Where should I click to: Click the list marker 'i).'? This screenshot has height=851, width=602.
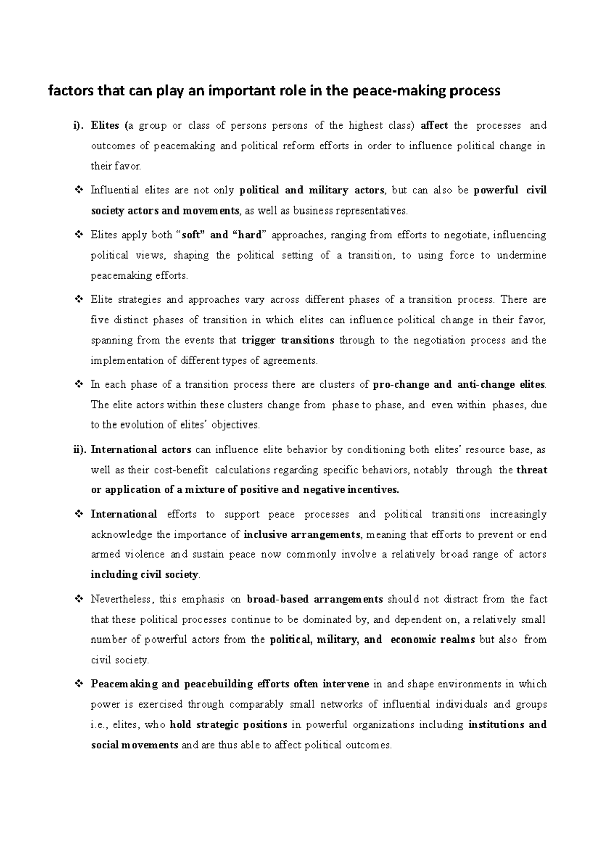78,126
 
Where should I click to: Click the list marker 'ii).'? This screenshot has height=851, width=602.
79,450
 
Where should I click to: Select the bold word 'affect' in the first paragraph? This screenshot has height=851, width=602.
434,126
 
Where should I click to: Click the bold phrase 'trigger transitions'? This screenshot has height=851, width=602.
288,340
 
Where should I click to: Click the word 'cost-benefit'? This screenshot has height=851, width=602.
184,470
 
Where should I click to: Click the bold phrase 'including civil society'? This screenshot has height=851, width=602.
144,575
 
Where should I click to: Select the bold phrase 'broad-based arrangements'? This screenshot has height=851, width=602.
315,599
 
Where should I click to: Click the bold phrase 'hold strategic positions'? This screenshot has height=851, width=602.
229,725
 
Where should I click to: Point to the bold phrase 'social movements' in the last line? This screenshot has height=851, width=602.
134,745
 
